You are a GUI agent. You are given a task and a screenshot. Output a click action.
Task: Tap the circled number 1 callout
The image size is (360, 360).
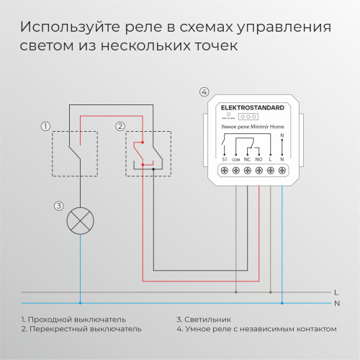point(45,127)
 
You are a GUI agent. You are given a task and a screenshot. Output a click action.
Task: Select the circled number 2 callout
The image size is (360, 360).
point(121,127)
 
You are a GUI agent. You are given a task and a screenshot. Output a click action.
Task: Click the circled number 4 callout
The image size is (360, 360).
point(204,92)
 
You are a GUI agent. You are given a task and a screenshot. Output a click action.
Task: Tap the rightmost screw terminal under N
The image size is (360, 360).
point(282,170)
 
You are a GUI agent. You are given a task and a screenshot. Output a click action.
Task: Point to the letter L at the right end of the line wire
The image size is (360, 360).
point(337,292)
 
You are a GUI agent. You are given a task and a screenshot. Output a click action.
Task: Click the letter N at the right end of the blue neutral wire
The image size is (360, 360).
point(337,303)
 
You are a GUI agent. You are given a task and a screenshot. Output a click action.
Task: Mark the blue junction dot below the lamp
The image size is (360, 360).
point(79,303)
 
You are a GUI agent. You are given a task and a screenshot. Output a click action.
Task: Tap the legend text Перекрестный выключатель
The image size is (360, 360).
point(84,329)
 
